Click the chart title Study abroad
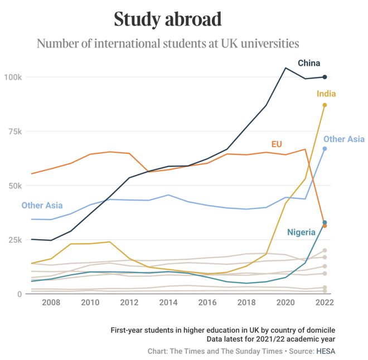pyautogui.click(x=168, y=20)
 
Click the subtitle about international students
pyautogui.click(x=168, y=43)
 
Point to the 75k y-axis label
pyautogui.click(x=14, y=132)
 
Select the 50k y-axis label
pyautogui.click(x=14, y=186)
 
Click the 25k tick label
pyautogui.click(x=14, y=240)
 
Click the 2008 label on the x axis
pyautogui.click(x=51, y=303)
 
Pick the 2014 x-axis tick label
pyautogui.click(x=168, y=303)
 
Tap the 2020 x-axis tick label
pyautogui.click(x=285, y=303)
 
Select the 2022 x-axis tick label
pyautogui.click(x=325, y=303)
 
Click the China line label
pyautogui.click(x=309, y=63)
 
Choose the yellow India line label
pyautogui.click(x=326, y=94)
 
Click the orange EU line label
pyautogui.click(x=277, y=144)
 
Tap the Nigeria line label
pyautogui.click(x=301, y=232)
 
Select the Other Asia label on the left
pyautogui.click(x=42, y=206)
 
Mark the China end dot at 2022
pyautogui.click(x=325, y=77)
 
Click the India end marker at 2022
pyautogui.click(x=325, y=105)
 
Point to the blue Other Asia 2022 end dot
pyautogui.click(x=325, y=149)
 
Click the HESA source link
pyautogui.click(x=325, y=351)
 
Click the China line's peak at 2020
pyautogui.click(x=285, y=68)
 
